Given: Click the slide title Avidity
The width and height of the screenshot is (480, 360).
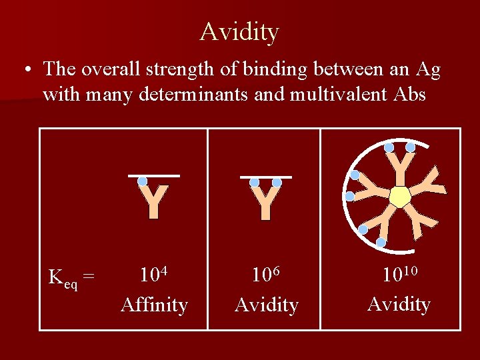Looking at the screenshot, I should pos(239,31).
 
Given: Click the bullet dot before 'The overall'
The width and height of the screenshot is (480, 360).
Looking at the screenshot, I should pos(25,69).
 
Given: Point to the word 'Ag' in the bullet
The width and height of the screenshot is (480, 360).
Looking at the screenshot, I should pos(427,69).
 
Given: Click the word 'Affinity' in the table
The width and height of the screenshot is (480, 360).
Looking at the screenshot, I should pos(154,305).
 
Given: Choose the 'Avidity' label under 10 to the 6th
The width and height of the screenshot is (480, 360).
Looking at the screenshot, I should pos(266,305).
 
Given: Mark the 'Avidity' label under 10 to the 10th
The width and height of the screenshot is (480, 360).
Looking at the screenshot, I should pos(399,304).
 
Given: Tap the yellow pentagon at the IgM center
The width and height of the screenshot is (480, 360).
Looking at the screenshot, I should pos(400,197).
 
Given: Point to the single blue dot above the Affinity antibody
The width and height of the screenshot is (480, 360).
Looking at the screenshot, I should pos(142,181).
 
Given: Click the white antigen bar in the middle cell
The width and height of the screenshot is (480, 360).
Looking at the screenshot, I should pos(266,177).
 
